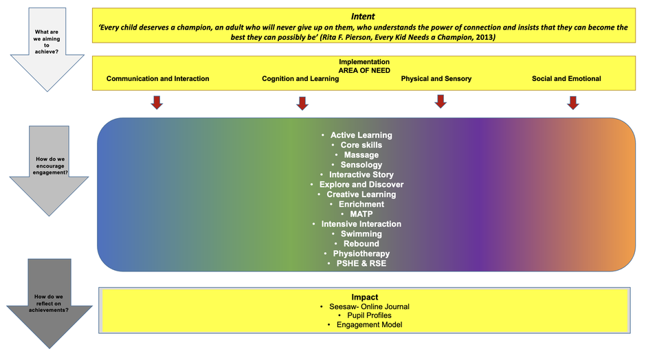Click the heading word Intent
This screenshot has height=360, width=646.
362,15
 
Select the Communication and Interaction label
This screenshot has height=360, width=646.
157,79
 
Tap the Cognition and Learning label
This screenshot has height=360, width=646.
300,79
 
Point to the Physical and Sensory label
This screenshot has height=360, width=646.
436,79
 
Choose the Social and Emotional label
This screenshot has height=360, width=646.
566,79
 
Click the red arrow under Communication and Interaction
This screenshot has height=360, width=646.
157,102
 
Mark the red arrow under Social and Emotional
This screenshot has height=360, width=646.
573,102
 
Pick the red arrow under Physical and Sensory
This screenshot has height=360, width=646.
441,101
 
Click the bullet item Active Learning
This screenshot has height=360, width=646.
361,135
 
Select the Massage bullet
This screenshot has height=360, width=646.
361,155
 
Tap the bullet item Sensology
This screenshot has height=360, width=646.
361,165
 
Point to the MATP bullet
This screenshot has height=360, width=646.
361,214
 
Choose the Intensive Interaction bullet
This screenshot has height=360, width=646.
361,224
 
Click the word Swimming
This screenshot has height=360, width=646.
361,234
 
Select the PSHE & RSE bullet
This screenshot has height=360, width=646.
361,264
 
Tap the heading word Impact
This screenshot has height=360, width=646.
364,297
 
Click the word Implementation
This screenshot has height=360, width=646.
364,62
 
